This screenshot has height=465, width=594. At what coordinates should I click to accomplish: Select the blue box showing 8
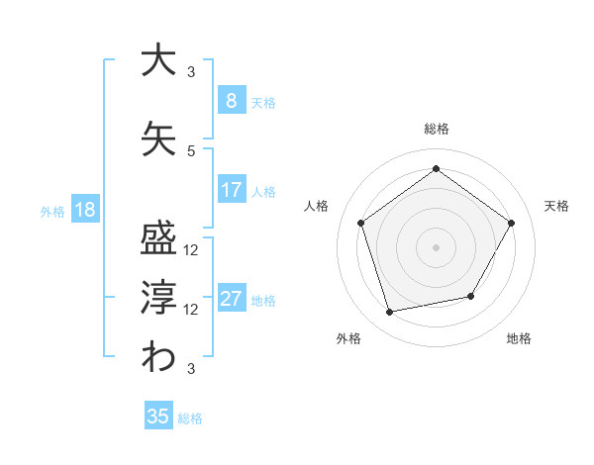pos(231,101)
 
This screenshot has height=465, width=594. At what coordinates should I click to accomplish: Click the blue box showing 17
pos(231,190)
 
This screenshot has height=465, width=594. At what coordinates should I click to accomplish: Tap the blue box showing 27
pos(231,299)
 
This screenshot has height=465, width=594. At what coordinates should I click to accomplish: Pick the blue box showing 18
pos(84,210)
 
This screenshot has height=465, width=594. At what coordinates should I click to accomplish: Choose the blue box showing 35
pos(158,417)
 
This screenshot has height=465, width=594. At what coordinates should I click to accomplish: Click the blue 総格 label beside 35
pos(190,418)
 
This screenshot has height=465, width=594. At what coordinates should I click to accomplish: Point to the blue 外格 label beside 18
pos(52,211)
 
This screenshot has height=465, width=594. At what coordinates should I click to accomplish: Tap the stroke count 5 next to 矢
pos(191,150)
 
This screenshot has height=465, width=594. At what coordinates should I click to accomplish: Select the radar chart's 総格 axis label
pos(436,129)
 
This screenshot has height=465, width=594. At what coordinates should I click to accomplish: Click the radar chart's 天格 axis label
pos(556,206)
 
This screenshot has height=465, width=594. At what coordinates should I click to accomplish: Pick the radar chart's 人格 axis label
pos(316,206)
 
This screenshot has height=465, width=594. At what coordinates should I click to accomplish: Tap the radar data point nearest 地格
pos(471,296)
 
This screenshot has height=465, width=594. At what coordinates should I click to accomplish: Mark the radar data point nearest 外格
pos(390,313)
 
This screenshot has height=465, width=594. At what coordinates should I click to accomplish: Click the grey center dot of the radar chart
pos(436,246)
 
